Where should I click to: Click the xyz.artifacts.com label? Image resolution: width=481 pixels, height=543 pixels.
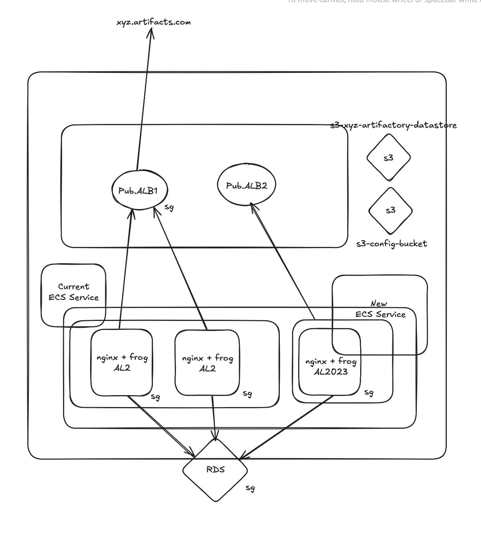click(x=154, y=22)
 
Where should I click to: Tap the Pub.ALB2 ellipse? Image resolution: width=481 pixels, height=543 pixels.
click(x=246, y=185)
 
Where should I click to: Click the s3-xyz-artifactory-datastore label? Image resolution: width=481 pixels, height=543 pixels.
click(x=393, y=125)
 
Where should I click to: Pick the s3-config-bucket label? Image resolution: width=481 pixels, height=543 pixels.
click(x=391, y=244)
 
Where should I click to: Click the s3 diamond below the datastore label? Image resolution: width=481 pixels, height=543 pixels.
click(x=388, y=157)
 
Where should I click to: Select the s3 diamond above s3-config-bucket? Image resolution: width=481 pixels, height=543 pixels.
click(x=390, y=210)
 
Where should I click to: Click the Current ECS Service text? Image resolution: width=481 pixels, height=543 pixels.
click(x=74, y=292)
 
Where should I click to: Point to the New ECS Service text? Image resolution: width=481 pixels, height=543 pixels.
click(x=380, y=309)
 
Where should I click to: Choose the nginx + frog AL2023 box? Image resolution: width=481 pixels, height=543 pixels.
click(x=329, y=362)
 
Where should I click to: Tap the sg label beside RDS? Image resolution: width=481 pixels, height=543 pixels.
click(x=250, y=488)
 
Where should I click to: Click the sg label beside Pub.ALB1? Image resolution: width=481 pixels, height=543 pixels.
click(x=169, y=207)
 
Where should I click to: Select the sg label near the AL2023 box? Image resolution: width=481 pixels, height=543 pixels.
click(x=369, y=392)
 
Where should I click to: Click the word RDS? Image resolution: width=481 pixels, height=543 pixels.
click(x=215, y=469)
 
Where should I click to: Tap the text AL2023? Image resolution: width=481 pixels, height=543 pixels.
click(x=331, y=371)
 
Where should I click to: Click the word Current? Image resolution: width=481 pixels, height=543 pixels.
click(x=73, y=287)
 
